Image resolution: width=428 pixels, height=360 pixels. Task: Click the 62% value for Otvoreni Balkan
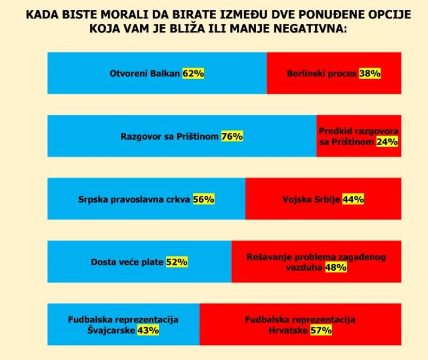coord(193,74)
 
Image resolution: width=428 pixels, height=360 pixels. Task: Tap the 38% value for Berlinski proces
coord(370,74)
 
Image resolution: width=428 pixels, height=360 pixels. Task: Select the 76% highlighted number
coord(232,136)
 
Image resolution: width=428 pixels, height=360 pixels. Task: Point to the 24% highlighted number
coord(387,142)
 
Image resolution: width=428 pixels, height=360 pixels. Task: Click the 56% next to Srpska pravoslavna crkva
coord(204,199)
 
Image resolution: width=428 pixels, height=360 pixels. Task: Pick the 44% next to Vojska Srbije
coord(353,199)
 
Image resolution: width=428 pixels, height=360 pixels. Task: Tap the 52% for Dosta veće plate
coord(177,262)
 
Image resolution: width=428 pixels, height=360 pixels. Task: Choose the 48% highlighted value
coord(335,267)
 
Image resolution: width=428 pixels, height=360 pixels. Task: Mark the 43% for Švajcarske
coord(148,330)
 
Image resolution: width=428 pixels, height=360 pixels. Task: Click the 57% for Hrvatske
coord(321,330)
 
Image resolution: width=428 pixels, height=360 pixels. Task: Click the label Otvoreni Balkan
coord(145,74)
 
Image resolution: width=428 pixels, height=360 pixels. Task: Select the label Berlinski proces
coord(322,74)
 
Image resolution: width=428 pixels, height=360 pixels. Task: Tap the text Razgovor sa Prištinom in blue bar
coord(170,136)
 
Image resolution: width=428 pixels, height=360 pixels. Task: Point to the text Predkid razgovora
coord(359,132)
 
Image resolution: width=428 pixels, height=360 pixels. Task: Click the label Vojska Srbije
coord(311,199)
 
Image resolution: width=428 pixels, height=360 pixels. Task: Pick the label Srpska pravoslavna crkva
coord(134,199)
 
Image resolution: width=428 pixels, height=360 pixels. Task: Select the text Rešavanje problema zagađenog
coord(316,257)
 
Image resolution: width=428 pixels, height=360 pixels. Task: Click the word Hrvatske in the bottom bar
coord(290,330)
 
